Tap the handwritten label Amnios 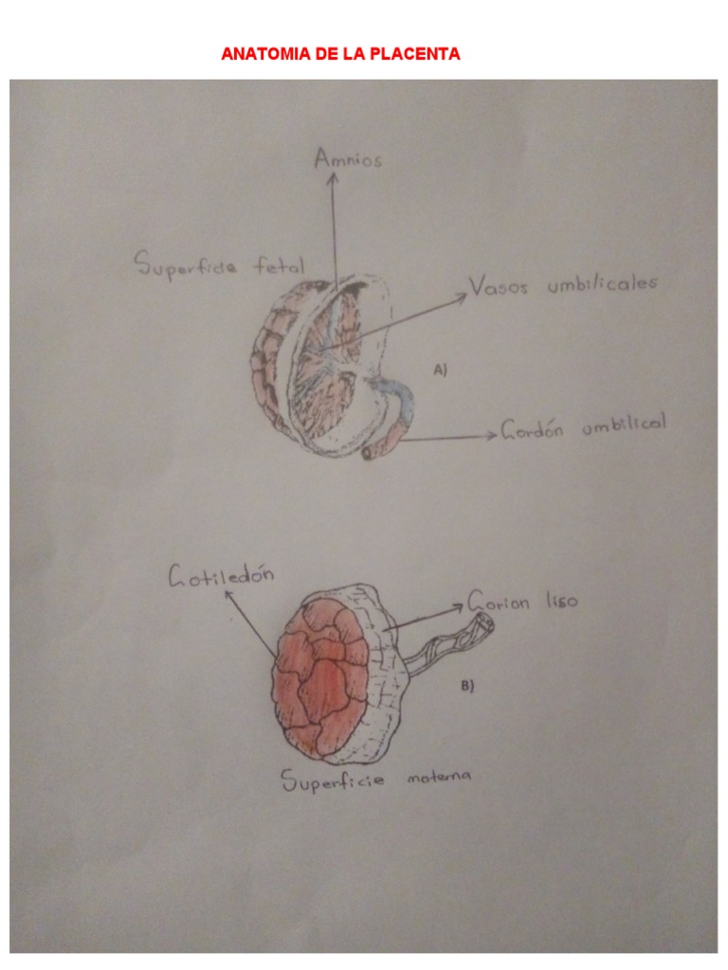pyautogui.click(x=348, y=159)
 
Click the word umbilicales pyautogui.click(x=601, y=284)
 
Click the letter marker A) pyautogui.click(x=440, y=371)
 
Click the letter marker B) pyautogui.click(x=466, y=687)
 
